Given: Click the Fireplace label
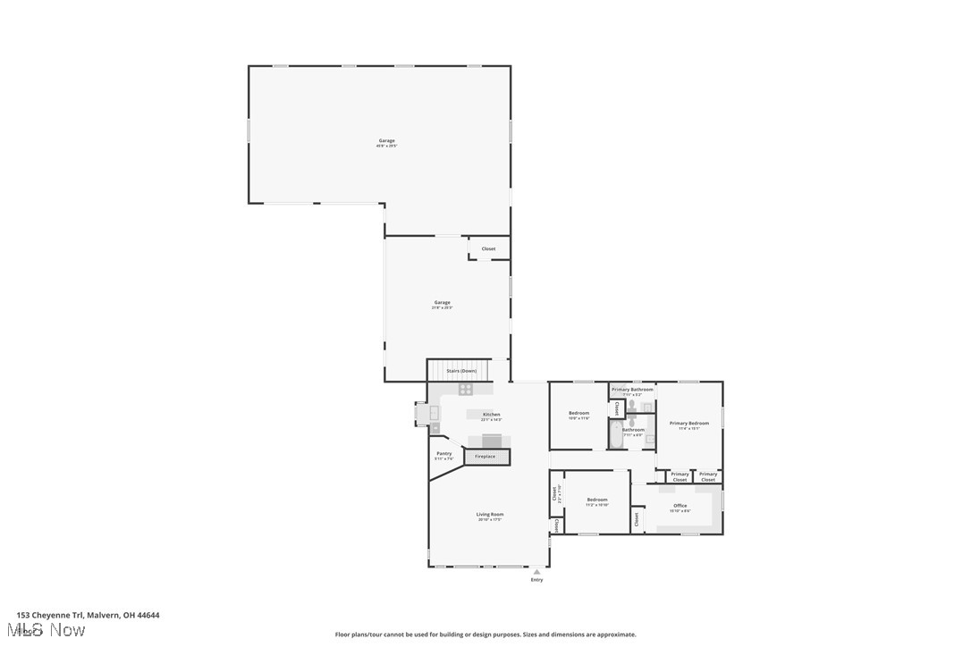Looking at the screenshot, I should (x=485, y=457).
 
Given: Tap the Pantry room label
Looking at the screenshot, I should (x=444, y=454).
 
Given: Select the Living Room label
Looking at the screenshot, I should (x=489, y=515).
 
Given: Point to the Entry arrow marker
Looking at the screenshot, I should (x=536, y=572).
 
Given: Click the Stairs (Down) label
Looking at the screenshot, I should (x=461, y=370).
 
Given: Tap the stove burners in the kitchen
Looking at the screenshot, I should (x=465, y=390).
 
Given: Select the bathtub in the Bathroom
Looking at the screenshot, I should (x=616, y=436).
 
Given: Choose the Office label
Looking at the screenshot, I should (x=680, y=506).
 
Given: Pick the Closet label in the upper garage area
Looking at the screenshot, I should (x=488, y=249).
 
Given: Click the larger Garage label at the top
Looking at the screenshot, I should (x=386, y=140).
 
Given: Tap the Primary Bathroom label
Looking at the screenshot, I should (x=632, y=390).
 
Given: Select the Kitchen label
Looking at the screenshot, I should (x=491, y=415).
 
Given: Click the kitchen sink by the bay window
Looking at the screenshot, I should (x=435, y=414).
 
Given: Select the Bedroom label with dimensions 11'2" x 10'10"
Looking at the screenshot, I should (x=596, y=500).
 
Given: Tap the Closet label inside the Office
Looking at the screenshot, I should (x=637, y=517).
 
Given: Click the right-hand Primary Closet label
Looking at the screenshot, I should (x=708, y=476).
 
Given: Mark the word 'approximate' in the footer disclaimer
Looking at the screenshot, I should (x=618, y=634).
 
